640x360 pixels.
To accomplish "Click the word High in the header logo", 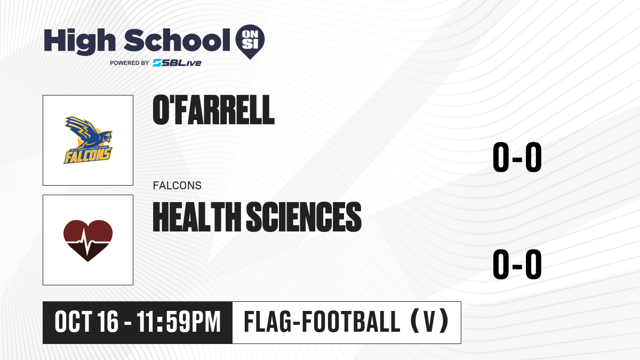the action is point(79,41).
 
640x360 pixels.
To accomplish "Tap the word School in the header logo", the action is point(177,40).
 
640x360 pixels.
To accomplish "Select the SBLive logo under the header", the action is point(177,63).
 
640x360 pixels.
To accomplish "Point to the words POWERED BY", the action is point(130,63).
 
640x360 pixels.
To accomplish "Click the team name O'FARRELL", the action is point(213,110).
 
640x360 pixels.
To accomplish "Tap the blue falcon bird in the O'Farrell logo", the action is point(88,133).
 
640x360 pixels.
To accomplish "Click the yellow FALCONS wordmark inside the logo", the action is point(87,156).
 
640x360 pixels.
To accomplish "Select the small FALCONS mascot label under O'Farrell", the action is point(177,186).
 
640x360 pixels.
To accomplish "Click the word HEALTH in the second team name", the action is point(197,217).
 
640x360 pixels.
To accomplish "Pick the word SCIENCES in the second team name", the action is point(303,217).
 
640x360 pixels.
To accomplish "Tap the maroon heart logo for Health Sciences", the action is point(88,241).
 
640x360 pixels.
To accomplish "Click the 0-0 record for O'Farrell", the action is point(517,157).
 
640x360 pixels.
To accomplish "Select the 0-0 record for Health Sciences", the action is point(517,264).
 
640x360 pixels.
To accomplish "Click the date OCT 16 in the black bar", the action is point(86,322).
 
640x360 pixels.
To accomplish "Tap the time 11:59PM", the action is point(179,322).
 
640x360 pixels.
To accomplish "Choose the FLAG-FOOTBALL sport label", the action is point(322,322).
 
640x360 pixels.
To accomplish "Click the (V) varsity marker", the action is point(429,321).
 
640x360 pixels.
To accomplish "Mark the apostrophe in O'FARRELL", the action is point(171,101).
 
